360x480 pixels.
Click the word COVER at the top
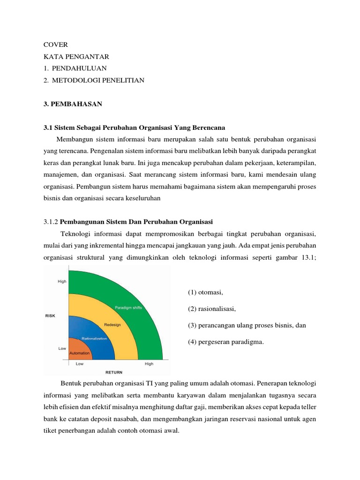click(55, 45)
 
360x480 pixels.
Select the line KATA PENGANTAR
click(76, 57)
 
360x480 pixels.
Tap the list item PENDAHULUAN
click(79, 68)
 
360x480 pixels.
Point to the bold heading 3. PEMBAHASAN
click(73, 104)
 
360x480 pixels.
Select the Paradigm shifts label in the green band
click(128, 307)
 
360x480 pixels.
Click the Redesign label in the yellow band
click(112, 324)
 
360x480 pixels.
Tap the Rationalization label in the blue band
click(94, 338)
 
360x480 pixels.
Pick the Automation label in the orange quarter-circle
click(80, 352)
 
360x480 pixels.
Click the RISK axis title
click(50, 315)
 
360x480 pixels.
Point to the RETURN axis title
click(114, 373)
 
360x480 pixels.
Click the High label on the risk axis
click(62, 281)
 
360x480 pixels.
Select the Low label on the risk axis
click(62, 348)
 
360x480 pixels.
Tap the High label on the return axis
click(149, 364)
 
